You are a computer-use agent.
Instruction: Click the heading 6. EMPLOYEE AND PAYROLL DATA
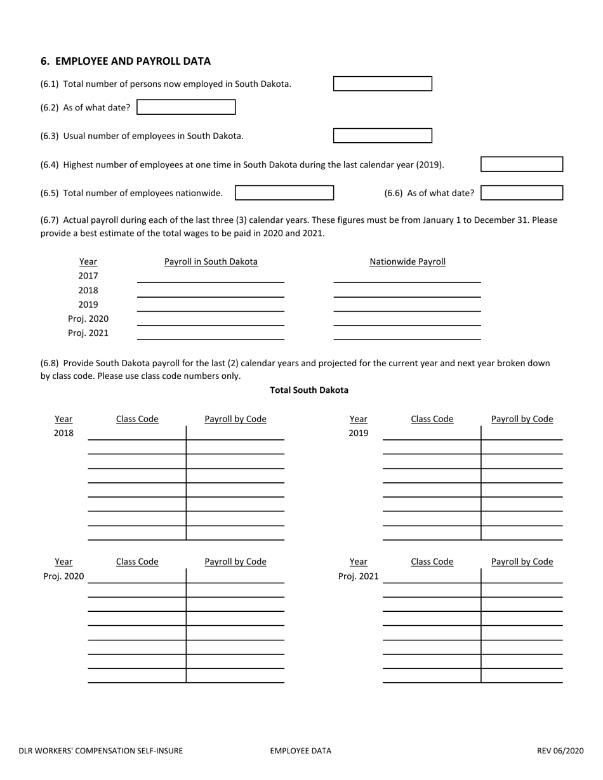point(125,62)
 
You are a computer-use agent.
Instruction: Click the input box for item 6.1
point(382,84)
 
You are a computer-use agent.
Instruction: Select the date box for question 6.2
point(186,107)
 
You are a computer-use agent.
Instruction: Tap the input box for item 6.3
point(382,136)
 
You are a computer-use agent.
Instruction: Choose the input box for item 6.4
point(521,164)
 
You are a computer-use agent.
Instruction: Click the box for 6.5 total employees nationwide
point(284,193)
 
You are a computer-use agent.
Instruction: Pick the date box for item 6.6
point(521,193)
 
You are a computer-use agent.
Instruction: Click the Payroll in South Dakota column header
point(211,261)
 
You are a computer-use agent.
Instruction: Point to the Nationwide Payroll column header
point(408,261)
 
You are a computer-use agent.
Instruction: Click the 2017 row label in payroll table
point(88,276)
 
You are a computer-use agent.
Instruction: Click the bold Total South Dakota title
point(309,390)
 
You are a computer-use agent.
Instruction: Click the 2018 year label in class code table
point(63,433)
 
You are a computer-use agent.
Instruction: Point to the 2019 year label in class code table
point(358,433)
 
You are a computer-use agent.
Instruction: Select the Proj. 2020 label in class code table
point(63,576)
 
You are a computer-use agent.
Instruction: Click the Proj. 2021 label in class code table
point(358,576)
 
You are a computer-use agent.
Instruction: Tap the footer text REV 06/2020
point(560,751)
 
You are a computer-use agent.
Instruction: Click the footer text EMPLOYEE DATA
point(300,751)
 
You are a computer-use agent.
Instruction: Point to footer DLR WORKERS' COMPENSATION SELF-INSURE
point(101,751)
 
